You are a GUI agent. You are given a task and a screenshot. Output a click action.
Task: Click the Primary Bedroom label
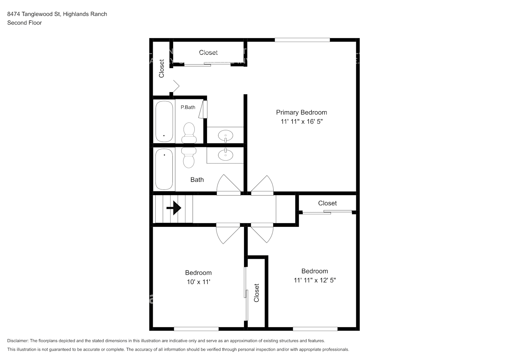301,112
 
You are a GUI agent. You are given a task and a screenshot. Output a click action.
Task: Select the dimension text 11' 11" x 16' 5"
301,122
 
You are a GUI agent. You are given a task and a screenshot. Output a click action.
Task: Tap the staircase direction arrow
174,208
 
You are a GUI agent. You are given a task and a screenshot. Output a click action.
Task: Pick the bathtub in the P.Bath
164,121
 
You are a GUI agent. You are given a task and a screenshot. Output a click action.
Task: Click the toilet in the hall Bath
188,157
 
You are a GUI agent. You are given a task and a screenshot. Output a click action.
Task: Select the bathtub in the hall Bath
164,168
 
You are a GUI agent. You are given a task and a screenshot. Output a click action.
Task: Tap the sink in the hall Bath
225,155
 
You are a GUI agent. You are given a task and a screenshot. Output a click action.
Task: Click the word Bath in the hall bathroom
197,180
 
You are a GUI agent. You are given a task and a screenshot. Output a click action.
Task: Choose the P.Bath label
188,107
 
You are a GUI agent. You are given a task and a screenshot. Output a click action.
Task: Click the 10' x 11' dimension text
198,282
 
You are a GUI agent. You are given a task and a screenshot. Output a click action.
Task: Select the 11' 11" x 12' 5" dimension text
315,280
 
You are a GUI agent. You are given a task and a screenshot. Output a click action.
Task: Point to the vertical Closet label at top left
162,68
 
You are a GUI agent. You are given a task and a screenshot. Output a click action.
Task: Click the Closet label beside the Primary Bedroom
208,53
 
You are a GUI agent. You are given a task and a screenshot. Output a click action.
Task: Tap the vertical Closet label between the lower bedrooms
257,293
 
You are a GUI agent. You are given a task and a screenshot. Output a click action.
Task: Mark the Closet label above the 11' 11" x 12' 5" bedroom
327,203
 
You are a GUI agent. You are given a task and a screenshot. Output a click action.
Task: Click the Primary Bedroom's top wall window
302,40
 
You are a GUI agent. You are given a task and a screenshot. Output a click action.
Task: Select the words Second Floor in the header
24,23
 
